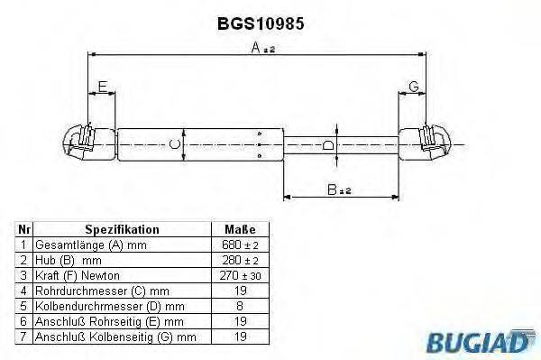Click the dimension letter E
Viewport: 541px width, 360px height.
point(102,87)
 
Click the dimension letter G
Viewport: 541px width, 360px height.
point(413,87)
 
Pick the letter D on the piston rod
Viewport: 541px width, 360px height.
point(329,144)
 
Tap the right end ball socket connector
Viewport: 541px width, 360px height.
point(435,143)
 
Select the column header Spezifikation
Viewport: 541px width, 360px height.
point(122,230)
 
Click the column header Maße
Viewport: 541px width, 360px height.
point(239,230)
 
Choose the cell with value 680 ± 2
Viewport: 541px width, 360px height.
point(239,245)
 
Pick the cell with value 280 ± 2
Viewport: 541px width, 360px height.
point(239,260)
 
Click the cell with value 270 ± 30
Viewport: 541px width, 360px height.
point(239,274)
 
